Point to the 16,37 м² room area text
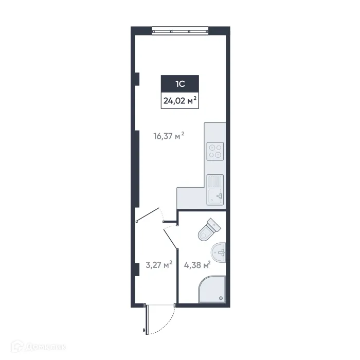click(x=169, y=136)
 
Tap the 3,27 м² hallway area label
click(x=158, y=265)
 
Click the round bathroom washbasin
click(x=219, y=252)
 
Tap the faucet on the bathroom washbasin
click(x=222, y=252)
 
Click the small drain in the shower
click(x=221, y=298)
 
